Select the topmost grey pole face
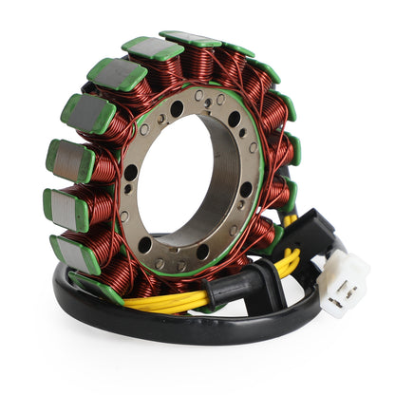pos(191,39)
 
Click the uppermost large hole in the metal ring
pos(178,109)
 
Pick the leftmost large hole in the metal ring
pos(131,174)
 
